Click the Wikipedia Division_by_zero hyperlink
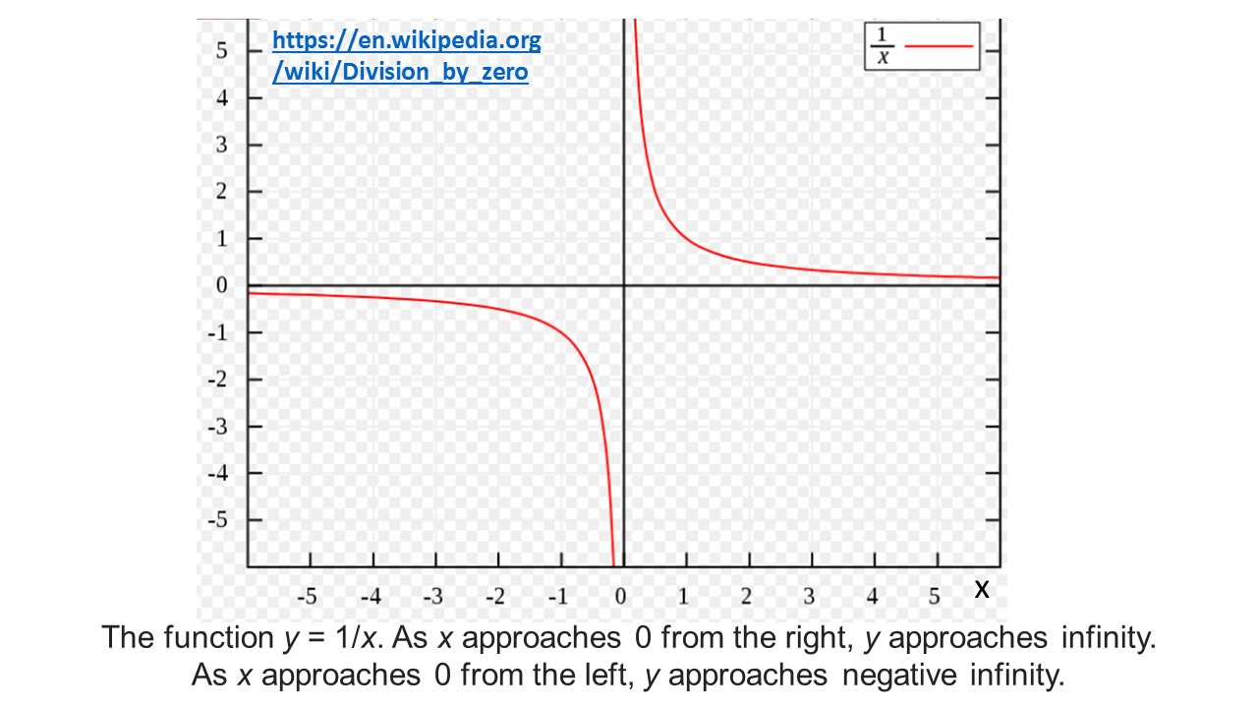(406, 57)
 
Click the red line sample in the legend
(938, 46)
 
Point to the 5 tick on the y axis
(222, 51)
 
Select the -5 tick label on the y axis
(218, 519)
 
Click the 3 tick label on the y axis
(222, 145)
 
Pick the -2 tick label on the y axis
(218, 379)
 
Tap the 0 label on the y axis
(222, 285)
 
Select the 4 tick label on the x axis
(873, 596)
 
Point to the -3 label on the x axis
(432, 596)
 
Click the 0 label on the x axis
(620, 596)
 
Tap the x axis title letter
(981, 590)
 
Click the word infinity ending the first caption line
(1108, 637)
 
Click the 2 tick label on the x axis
(747, 596)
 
